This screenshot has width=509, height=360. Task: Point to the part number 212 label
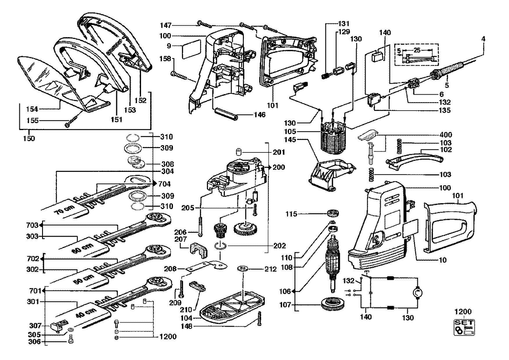tap(270, 269)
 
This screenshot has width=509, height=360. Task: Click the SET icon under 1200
tap(464, 327)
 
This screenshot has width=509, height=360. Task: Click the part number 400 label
tap(445, 135)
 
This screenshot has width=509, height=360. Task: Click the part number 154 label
tap(32, 109)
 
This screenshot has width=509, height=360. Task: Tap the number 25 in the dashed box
tap(417, 50)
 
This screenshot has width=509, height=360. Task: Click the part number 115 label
tap(291, 214)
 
